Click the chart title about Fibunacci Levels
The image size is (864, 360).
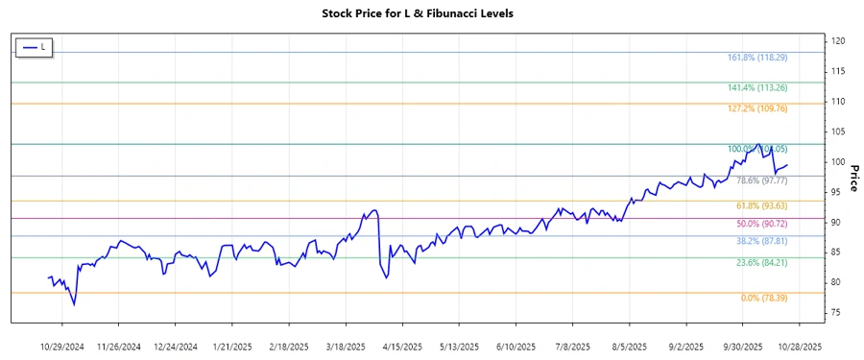432,14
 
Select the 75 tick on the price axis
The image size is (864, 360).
837,312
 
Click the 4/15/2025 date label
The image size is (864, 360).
403,346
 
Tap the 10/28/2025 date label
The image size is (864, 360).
799,346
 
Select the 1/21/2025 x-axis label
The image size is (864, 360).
234,346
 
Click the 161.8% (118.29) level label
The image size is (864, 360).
757,58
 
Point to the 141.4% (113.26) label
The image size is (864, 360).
757,88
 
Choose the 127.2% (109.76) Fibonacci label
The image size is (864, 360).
757,109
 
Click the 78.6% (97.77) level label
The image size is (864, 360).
761,180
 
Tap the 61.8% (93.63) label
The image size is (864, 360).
761,206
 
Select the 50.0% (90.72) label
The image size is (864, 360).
761,224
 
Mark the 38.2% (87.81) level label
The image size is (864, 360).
761,241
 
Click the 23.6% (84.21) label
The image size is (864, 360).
761,262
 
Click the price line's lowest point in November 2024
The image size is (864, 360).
74,304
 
